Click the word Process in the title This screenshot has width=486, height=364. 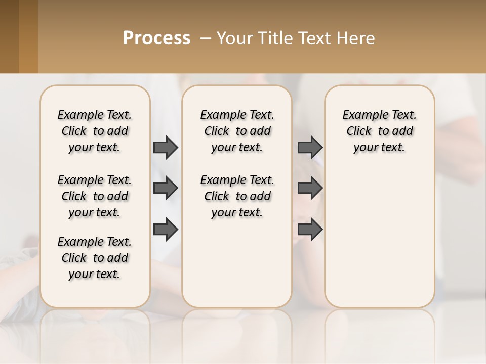156,38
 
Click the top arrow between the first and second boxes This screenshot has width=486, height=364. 166,147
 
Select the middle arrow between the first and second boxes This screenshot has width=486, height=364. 166,188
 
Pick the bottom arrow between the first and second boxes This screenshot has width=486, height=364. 166,229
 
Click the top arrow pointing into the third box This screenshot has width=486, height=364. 310,147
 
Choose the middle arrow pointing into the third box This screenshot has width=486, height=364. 310,188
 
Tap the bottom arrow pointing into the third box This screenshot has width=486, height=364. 310,229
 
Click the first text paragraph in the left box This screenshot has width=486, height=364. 95,131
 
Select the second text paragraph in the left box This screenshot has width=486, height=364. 95,196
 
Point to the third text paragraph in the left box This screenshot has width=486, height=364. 95,258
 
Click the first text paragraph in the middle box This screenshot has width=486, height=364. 237,131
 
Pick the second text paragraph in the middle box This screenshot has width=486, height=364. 237,196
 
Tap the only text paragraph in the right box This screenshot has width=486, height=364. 379,131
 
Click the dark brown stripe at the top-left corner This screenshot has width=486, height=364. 9,36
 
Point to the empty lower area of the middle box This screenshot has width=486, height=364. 237,263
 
